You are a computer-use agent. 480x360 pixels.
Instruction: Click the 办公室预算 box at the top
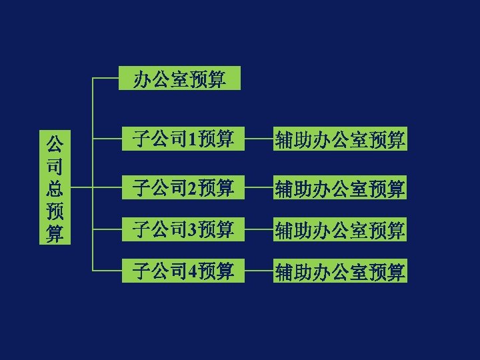[179, 79]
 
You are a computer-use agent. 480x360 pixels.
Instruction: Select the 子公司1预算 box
[183, 139]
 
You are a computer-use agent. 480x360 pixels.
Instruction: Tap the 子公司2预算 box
[183, 188]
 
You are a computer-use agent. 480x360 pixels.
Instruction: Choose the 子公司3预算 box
[183, 230]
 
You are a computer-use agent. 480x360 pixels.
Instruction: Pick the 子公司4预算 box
[183, 271]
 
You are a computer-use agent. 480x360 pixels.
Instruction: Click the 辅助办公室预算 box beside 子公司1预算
[340, 140]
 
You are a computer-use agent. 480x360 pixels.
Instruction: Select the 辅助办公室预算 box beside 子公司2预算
[340, 189]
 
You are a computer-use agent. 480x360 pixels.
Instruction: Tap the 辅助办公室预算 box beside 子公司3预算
[340, 231]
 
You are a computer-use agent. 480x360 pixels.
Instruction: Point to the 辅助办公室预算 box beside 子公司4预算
[340, 272]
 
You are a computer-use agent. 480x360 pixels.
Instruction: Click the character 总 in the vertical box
[55, 189]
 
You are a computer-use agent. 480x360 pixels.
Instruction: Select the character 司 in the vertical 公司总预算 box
[55, 166]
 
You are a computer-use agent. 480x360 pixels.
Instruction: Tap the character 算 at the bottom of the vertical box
[55, 234]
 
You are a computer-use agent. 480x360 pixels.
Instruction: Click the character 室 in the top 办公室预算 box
[179, 80]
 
